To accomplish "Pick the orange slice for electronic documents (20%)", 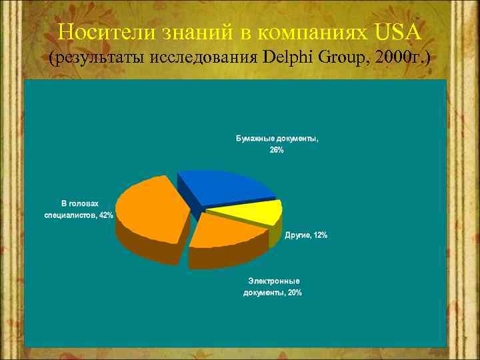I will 227,233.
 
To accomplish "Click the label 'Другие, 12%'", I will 306,235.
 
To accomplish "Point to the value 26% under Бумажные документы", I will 276,151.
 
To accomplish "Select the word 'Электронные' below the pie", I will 273,281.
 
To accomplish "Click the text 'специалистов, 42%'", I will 79,215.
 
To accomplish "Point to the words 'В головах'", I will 79,204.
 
